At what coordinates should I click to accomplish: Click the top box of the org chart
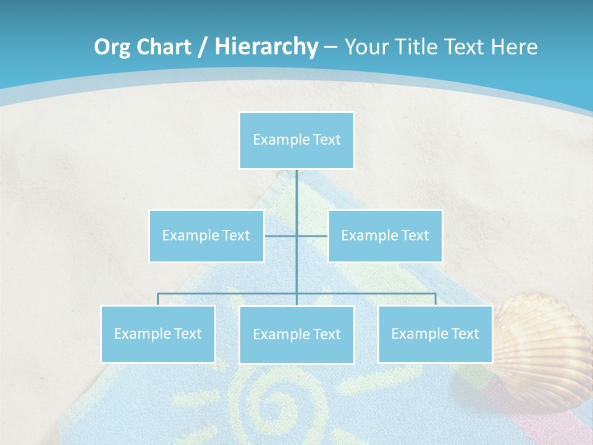tap(296, 140)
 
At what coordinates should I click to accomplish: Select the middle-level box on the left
tap(206, 235)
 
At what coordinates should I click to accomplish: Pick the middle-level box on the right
tap(385, 235)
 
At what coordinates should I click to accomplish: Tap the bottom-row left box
tap(158, 334)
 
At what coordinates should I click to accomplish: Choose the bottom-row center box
tap(296, 334)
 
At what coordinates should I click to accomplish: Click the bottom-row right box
tap(435, 334)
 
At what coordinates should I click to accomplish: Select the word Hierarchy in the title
tap(266, 47)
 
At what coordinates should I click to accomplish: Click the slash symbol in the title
tap(203, 47)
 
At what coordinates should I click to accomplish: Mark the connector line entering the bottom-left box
tap(158, 299)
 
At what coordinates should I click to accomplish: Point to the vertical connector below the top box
tap(296, 192)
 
